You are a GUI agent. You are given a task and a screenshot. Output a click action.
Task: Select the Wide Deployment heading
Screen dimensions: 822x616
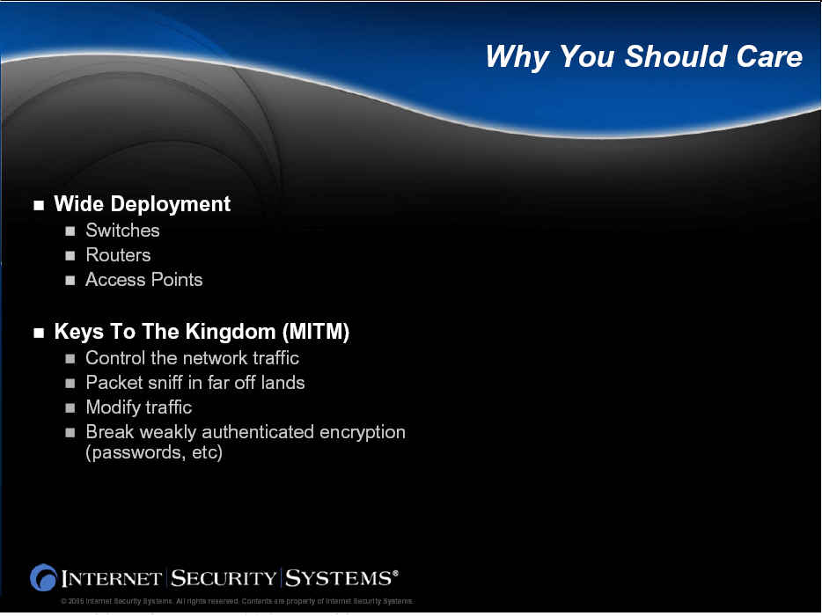(x=142, y=204)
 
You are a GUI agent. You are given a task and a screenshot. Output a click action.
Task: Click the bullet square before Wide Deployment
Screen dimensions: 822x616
(x=39, y=205)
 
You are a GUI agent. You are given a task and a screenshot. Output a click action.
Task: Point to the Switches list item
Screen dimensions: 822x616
(x=122, y=231)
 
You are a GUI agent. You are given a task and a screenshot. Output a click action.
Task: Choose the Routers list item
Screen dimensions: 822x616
(x=119, y=255)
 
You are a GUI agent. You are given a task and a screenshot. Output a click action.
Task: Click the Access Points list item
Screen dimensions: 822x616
(x=144, y=280)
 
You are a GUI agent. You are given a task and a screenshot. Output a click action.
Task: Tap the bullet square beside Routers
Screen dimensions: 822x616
(x=70, y=256)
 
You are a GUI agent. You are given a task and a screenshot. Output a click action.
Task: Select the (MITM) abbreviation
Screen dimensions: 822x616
(x=316, y=332)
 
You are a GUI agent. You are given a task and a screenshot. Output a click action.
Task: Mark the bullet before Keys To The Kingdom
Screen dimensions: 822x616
(x=39, y=333)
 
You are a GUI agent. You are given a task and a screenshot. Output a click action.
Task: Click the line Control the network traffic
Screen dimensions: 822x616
(x=193, y=358)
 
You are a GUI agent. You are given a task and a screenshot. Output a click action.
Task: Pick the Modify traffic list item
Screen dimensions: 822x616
(x=139, y=407)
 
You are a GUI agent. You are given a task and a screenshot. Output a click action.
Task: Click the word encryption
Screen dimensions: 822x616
(x=363, y=432)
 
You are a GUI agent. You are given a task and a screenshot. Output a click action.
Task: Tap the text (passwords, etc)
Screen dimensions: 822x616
(x=154, y=452)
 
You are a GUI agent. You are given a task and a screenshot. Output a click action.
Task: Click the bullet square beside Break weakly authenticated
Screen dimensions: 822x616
(x=70, y=433)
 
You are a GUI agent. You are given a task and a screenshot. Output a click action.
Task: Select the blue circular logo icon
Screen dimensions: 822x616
(x=43, y=578)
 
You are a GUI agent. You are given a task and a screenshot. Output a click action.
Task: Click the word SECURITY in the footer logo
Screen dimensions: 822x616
(x=224, y=578)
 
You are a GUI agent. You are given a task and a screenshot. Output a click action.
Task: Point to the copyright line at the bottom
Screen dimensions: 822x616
(x=237, y=601)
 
